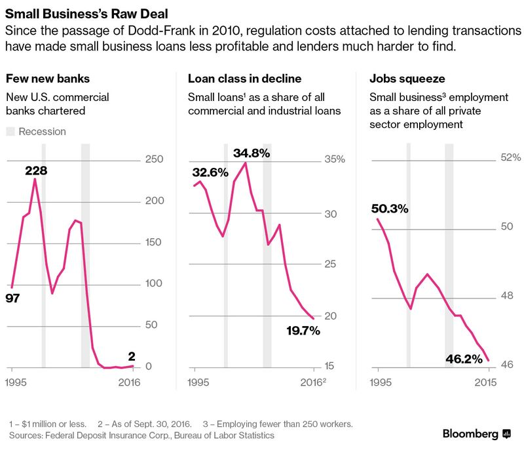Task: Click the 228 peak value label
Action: (x=35, y=171)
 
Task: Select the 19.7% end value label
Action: (x=303, y=331)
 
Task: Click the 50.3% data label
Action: (x=390, y=209)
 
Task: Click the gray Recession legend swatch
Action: (x=10, y=131)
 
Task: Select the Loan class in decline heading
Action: (x=244, y=79)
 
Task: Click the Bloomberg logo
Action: (x=477, y=434)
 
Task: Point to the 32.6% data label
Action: (x=210, y=173)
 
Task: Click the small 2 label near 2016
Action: (x=132, y=356)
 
